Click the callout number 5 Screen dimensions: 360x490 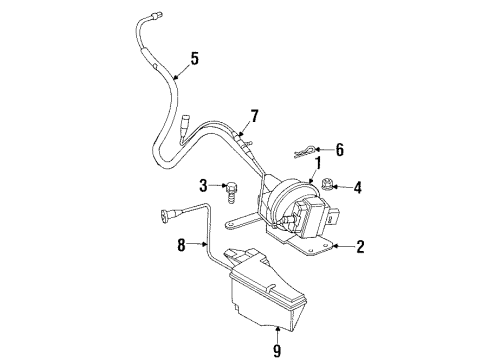tap(194, 58)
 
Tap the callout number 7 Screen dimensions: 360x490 tap(255, 117)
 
